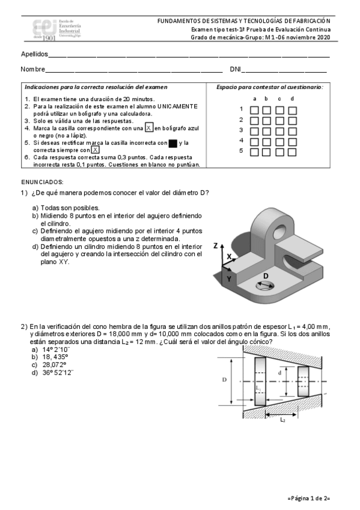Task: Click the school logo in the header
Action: tap(56, 29)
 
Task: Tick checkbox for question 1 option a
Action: tap(254, 110)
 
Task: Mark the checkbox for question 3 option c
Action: tap(279, 131)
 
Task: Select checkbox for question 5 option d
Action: tap(292, 152)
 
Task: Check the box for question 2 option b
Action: tap(266, 121)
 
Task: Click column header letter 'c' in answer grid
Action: tap(279, 99)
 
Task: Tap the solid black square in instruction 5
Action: tap(173, 143)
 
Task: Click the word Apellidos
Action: tap(34, 54)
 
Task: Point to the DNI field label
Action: tap(235, 69)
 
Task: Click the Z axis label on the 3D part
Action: tap(215, 246)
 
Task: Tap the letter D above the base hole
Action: tap(266, 276)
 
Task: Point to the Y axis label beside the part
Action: tap(229, 278)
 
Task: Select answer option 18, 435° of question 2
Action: tap(55, 357)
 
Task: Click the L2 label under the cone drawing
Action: tap(282, 420)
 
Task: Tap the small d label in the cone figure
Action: tap(279, 373)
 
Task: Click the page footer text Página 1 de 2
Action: tap(309, 498)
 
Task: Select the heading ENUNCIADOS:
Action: tap(42, 182)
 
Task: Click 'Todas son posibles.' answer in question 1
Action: tap(70, 208)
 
